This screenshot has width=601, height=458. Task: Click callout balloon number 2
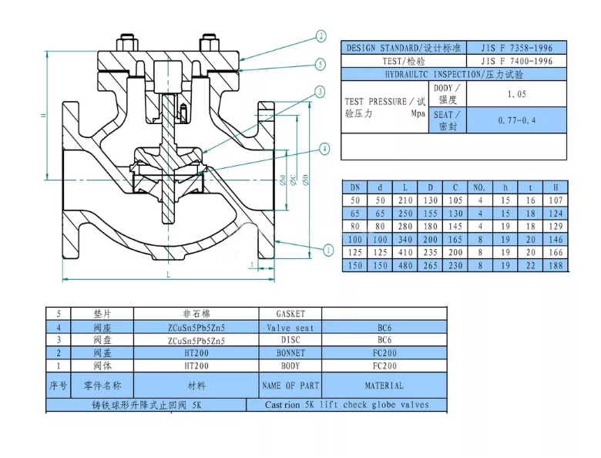click(321, 36)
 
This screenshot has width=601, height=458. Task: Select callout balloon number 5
click(321, 64)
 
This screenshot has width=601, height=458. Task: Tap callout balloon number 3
click(320, 92)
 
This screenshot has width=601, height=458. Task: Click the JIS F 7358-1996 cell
click(517, 48)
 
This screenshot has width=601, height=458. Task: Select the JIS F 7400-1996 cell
click(517, 61)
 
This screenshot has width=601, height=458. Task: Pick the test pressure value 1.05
click(517, 94)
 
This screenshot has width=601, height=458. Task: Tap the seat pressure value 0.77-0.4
click(517, 120)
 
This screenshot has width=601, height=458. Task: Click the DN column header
click(355, 187)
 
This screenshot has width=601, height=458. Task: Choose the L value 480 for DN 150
click(405, 265)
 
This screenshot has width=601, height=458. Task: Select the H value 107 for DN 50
click(555, 200)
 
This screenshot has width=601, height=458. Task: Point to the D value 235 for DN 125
click(431, 252)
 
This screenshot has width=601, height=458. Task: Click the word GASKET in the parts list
click(290, 314)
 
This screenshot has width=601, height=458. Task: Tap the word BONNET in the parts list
click(290, 352)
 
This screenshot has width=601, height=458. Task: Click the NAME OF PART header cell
click(290, 385)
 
